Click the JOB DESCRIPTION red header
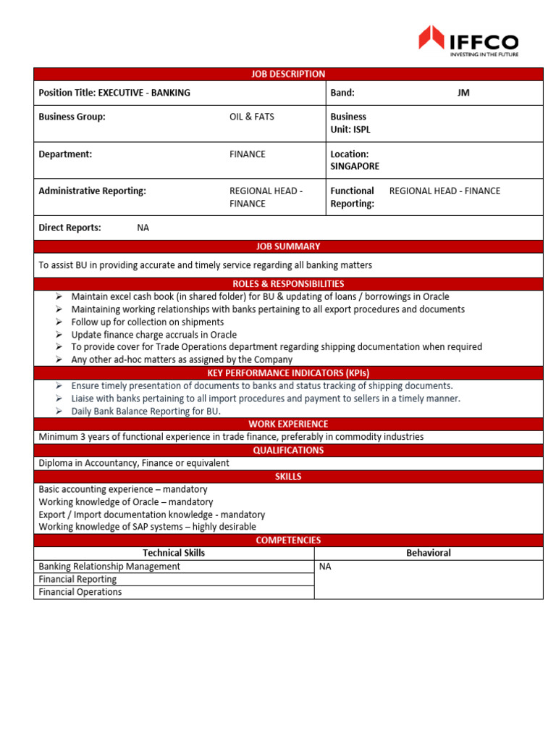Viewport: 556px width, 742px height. click(x=287, y=74)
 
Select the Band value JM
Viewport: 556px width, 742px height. click(x=463, y=93)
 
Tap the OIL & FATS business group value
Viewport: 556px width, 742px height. click(x=251, y=117)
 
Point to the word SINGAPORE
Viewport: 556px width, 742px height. click(x=354, y=166)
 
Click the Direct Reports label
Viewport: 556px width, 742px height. click(x=69, y=228)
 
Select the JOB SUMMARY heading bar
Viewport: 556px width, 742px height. click(x=287, y=246)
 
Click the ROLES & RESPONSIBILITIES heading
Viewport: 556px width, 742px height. click(x=287, y=284)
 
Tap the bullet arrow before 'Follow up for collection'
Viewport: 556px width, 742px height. click(x=59, y=322)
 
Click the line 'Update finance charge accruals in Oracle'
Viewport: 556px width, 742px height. click(x=153, y=335)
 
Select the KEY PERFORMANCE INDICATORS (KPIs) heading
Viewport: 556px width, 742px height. click(x=287, y=372)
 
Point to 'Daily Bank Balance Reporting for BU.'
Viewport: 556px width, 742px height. click(x=146, y=411)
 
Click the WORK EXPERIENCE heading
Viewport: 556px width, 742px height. click(x=287, y=424)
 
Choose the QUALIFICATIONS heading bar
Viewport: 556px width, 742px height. click(x=287, y=450)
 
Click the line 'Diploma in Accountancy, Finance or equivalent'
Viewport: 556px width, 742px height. click(x=134, y=463)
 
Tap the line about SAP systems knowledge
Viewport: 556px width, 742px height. click(x=147, y=527)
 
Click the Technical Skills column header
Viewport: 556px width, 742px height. click(x=174, y=553)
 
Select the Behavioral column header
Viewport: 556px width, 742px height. click(x=428, y=553)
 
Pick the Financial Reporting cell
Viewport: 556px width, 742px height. click(x=77, y=579)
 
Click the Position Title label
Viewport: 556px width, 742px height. click(x=67, y=93)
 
